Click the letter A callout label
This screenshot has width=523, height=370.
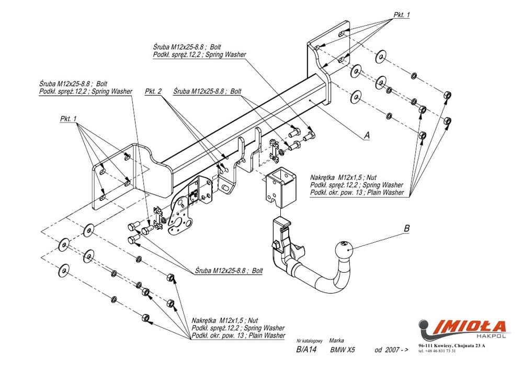click(367, 134)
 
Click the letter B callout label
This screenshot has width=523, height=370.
click(406, 228)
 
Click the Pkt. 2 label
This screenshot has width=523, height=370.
click(153, 91)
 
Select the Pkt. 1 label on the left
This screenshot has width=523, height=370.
click(69, 119)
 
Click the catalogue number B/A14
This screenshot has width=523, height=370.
click(306, 350)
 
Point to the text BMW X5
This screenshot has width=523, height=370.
click(343, 350)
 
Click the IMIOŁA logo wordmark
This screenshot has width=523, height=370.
click(463, 326)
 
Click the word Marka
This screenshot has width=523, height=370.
click(336, 340)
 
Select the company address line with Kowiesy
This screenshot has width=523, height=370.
click(452, 345)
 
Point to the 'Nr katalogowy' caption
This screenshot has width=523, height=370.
click(311, 340)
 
